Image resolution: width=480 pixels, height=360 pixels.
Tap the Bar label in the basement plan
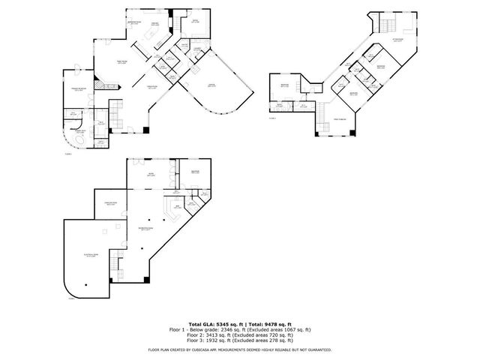[178, 208]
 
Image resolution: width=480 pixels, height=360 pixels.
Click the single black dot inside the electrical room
[88, 285]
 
